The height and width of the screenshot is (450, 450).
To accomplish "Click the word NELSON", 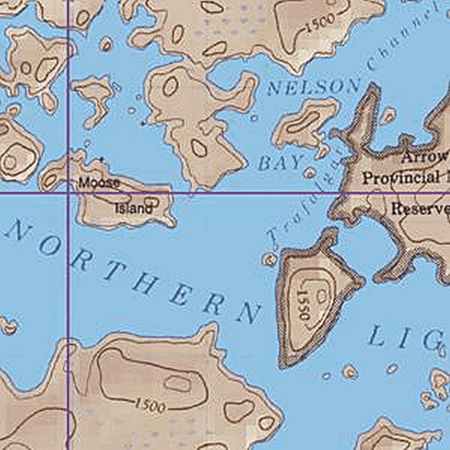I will tap(314, 87).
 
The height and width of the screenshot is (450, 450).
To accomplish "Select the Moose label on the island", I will tap(99, 182).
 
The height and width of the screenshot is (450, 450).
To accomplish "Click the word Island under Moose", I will tap(134, 209).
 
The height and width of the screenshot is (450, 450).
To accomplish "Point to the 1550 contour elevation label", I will tap(304, 305).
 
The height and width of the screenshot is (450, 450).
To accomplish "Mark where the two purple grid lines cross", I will tap(68, 194).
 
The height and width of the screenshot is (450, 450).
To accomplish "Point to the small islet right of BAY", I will tap(309, 173).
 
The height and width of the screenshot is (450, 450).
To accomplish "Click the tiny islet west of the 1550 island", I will tap(270, 259).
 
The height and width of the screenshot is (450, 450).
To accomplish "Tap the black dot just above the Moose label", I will tap(101, 159).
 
